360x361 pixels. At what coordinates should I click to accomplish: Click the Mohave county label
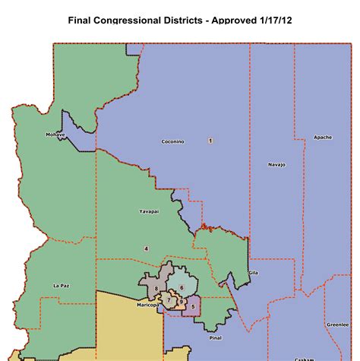[x=55, y=135]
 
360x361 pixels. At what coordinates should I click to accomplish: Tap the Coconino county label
[x=172, y=141]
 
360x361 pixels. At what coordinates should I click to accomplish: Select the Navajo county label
[x=276, y=164]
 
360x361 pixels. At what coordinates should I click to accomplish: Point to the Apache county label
[x=322, y=138]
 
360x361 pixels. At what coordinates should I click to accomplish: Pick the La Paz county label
[x=62, y=285]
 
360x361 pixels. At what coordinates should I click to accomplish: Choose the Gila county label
[x=254, y=271]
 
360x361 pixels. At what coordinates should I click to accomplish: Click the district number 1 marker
[x=210, y=141]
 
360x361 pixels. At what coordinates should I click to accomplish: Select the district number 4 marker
[x=146, y=249]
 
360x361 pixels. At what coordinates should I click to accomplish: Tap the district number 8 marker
[x=156, y=289]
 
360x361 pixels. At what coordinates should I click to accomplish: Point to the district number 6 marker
[x=182, y=287]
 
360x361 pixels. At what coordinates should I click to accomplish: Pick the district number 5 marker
[x=194, y=306]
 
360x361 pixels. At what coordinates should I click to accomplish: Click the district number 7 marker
[x=169, y=301]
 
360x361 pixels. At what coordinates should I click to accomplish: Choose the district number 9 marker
[x=181, y=301]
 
